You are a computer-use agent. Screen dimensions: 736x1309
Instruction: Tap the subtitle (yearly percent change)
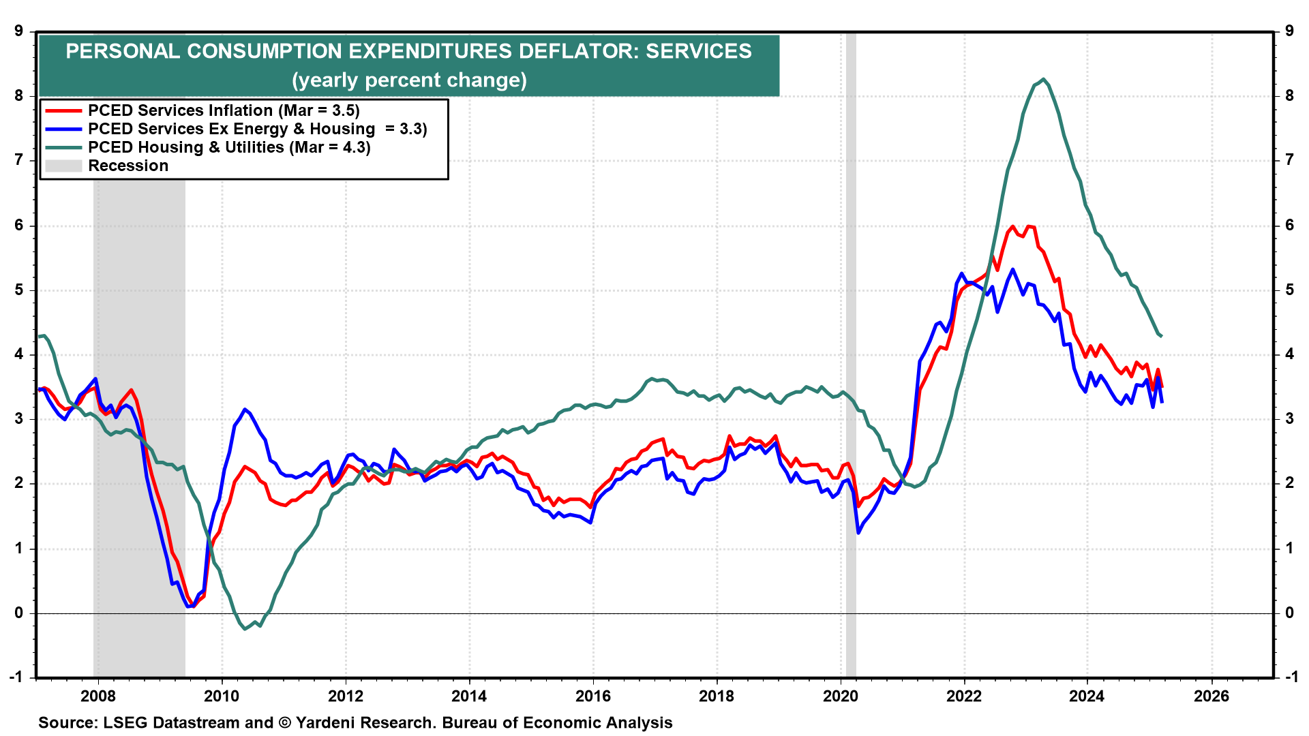click(x=409, y=80)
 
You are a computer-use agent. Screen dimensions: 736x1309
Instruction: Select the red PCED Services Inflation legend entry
click(x=224, y=110)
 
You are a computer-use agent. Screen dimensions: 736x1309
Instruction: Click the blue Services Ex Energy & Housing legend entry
click(x=257, y=129)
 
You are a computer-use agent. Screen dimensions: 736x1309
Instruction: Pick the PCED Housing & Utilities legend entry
click(x=229, y=147)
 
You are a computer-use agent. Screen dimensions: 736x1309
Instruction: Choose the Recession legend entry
click(x=127, y=166)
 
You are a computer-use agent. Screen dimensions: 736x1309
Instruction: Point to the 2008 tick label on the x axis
click(x=98, y=696)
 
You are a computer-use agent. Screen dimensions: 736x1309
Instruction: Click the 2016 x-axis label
click(x=593, y=696)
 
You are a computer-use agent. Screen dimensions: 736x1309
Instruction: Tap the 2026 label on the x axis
click(x=1212, y=696)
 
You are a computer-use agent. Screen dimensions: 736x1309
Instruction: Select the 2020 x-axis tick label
click(x=841, y=696)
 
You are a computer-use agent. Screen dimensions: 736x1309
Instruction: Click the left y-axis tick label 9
click(x=18, y=31)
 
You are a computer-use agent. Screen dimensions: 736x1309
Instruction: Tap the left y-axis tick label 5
click(x=18, y=290)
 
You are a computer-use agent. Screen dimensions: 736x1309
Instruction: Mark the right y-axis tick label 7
click(x=1289, y=160)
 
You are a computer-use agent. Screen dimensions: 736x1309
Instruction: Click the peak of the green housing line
click(x=1043, y=79)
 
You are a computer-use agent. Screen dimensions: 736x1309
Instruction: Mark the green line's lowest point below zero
click(x=245, y=628)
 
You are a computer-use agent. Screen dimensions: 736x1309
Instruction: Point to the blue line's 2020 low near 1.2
click(x=858, y=532)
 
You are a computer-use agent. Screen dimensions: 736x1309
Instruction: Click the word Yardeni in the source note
click(x=329, y=723)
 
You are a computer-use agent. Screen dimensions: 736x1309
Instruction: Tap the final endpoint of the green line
click(x=1161, y=336)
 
